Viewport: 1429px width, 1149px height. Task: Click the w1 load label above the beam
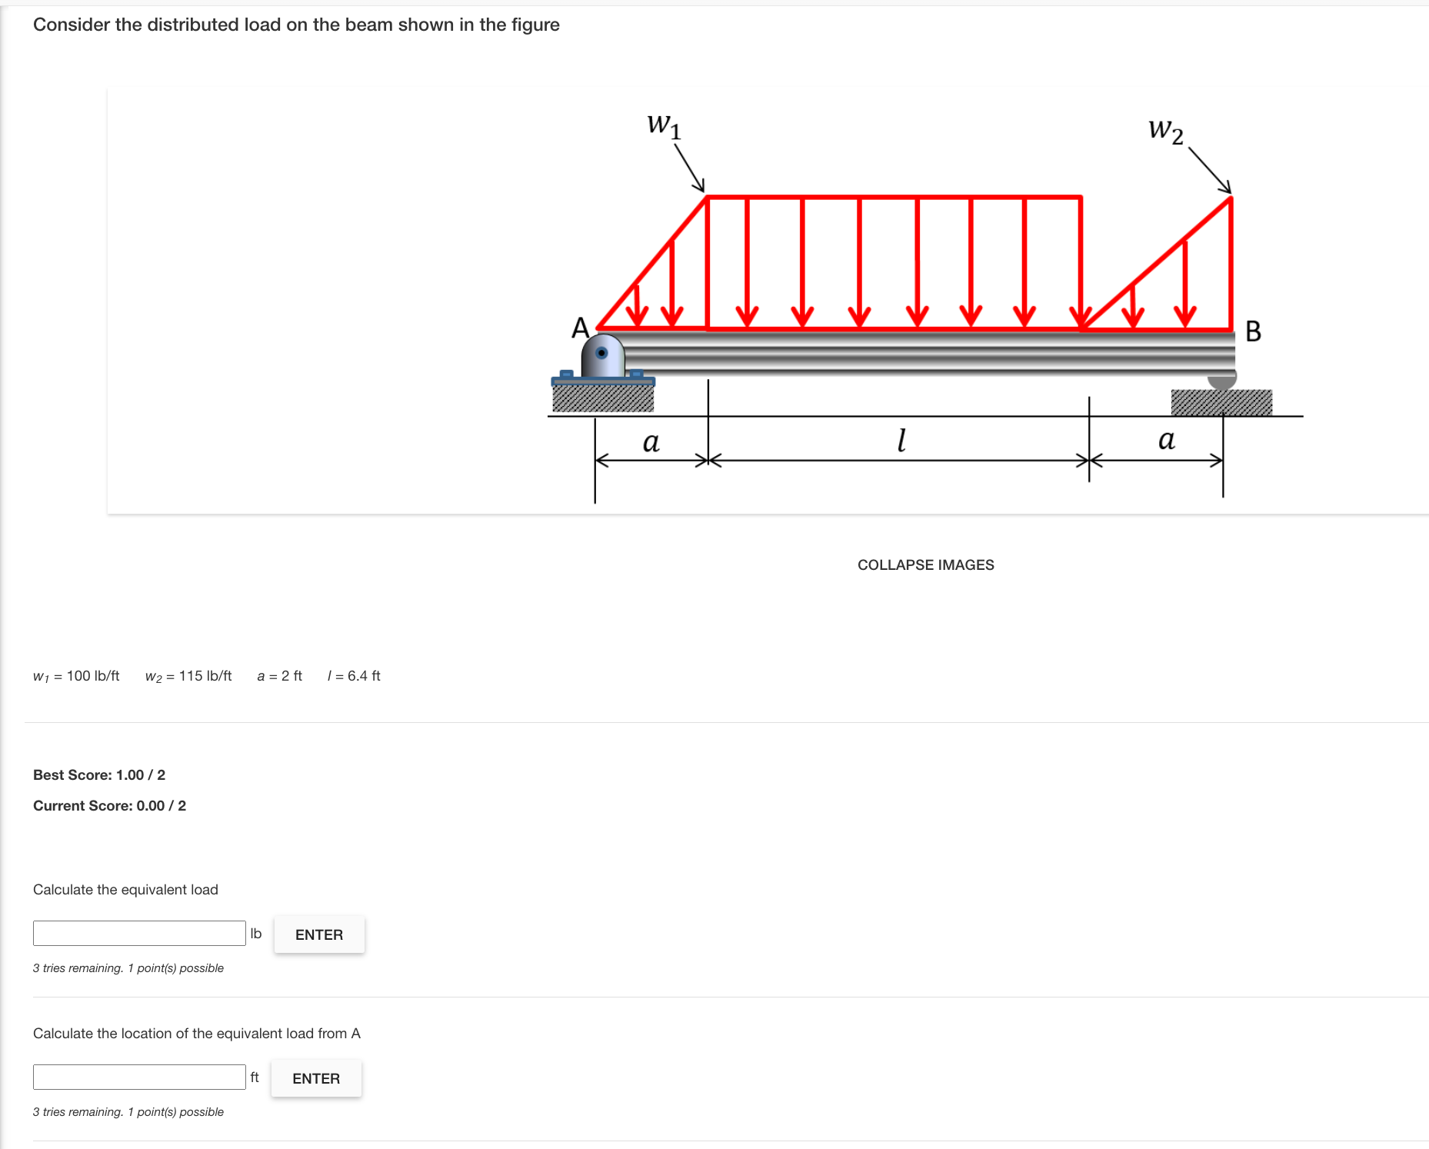tap(664, 125)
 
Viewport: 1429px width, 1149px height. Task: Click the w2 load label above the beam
tap(1165, 130)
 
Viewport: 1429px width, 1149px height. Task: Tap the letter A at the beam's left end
tap(580, 328)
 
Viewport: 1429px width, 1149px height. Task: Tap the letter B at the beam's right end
tap(1253, 331)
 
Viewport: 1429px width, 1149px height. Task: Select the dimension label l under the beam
tap(901, 440)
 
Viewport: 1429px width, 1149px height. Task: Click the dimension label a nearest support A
tap(651, 441)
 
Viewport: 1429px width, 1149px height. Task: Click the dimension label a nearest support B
tap(1166, 439)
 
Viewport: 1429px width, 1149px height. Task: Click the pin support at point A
tap(602, 356)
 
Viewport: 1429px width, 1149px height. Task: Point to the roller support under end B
tap(1221, 380)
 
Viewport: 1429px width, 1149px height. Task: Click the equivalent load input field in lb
tap(139, 933)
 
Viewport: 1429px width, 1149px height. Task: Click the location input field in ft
tap(139, 1077)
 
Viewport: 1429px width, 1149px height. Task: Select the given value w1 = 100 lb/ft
tap(76, 676)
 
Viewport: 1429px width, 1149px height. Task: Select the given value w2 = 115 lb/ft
tap(188, 676)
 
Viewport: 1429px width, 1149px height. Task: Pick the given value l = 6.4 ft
tap(354, 676)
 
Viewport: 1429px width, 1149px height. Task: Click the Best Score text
tap(99, 775)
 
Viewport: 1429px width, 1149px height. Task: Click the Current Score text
tap(109, 806)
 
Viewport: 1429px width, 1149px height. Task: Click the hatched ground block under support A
tap(603, 398)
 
